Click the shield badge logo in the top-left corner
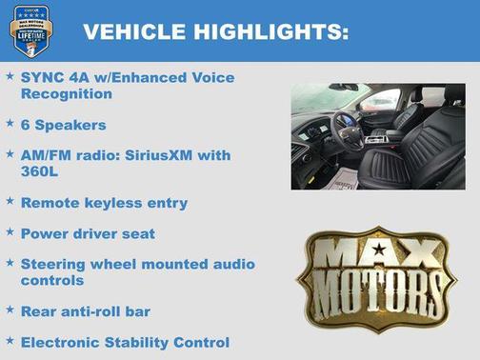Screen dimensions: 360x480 click(31, 30)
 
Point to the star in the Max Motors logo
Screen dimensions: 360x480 click(379, 250)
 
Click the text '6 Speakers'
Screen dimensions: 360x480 click(63, 125)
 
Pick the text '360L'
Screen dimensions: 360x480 click(41, 172)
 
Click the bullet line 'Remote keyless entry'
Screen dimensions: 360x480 click(104, 203)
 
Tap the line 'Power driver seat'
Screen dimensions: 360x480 click(88, 232)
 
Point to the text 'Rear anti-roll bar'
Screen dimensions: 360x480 click(86, 310)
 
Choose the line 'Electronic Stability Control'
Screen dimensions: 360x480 click(125, 341)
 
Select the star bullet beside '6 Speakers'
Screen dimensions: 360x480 click(10, 124)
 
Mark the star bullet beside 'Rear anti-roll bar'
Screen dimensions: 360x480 click(10, 310)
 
